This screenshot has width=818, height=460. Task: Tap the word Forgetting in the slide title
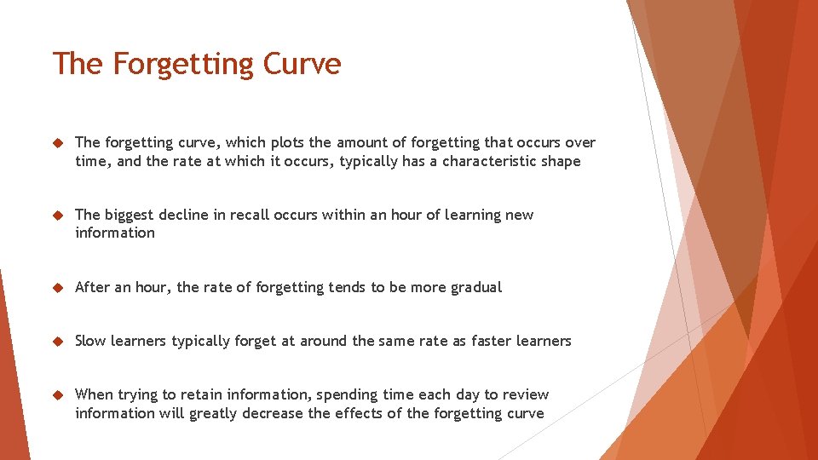click(184, 64)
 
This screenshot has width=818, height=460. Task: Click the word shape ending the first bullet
click(561, 161)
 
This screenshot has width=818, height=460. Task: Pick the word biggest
click(133, 215)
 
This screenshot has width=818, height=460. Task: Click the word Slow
click(90, 341)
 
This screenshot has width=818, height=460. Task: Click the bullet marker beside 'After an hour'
click(57, 288)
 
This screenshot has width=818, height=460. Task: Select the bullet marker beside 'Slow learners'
click(57, 342)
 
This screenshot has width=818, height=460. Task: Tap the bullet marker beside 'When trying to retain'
click(57, 395)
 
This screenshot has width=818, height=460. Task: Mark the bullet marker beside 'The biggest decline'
click(57, 216)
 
